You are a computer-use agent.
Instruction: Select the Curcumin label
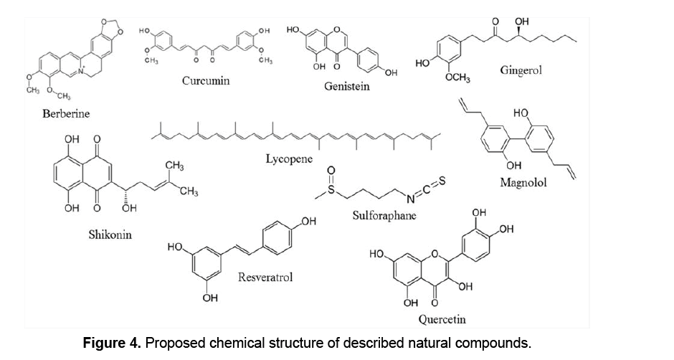pos(206,80)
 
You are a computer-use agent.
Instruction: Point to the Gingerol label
pos(523,69)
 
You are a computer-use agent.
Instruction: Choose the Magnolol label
pos(523,182)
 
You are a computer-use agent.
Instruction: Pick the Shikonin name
pos(110,235)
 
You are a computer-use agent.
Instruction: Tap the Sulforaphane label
pos(384,214)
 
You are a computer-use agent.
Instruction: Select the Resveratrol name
pos(265,276)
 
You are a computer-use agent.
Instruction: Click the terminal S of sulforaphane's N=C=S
pos(442,181)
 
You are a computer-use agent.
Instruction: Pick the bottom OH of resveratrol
pos(210,299)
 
